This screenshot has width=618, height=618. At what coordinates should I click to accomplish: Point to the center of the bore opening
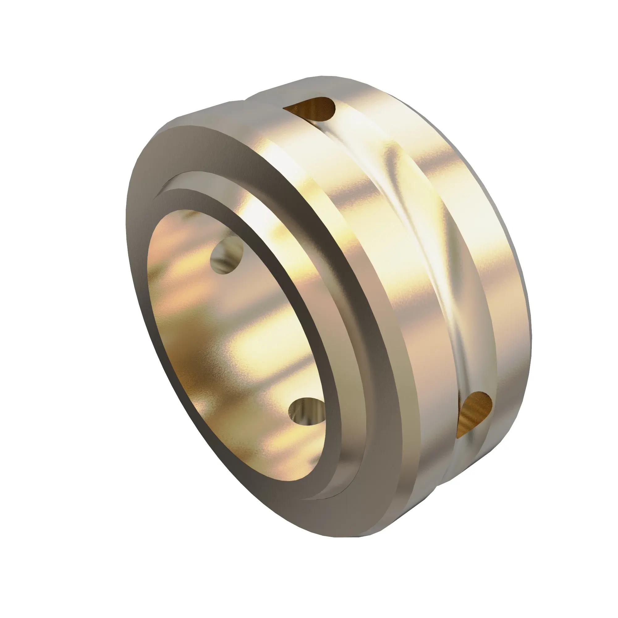point(237,345)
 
